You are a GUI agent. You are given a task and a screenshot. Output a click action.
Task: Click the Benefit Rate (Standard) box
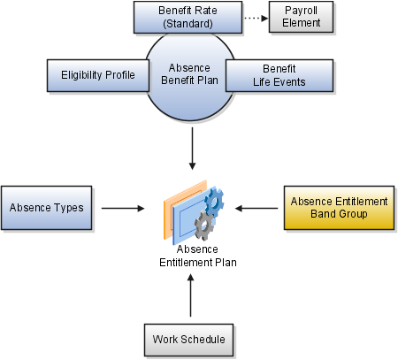(x=188, y=17)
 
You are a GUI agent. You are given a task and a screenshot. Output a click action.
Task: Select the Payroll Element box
(x=301, y=17)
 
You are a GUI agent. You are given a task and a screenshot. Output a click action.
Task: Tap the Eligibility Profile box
(x=98, y=75)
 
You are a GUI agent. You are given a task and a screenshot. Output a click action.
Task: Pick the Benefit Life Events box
(x=279, y=75)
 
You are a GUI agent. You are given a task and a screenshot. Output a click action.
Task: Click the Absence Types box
(x=47, y=208)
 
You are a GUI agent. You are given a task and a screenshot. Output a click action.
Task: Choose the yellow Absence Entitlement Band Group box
(x=339, y=208)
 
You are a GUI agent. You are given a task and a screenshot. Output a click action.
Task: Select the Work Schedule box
(x=188, y=340)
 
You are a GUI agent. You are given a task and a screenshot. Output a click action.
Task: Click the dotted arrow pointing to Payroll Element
(x=256, y=19)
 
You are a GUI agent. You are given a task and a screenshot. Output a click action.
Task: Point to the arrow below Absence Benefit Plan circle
(x=192, y=149)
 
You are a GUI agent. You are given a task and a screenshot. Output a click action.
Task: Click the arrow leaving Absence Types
(x=123, y=209)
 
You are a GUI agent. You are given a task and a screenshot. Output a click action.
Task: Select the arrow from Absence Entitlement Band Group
(x=256, y=209)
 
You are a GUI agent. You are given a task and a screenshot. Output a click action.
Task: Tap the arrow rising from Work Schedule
(x=191, y=295)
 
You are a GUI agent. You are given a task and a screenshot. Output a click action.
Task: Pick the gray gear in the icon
(x=204, y=226)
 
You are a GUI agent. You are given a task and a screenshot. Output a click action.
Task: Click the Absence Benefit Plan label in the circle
(x=189, y=74)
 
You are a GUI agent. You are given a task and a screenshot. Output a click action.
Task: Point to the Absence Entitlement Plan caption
(x=198, y=256)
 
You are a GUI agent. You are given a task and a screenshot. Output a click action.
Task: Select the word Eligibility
(x=82, y=75)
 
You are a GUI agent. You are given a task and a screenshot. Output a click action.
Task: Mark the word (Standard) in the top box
(x=188, y=24)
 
